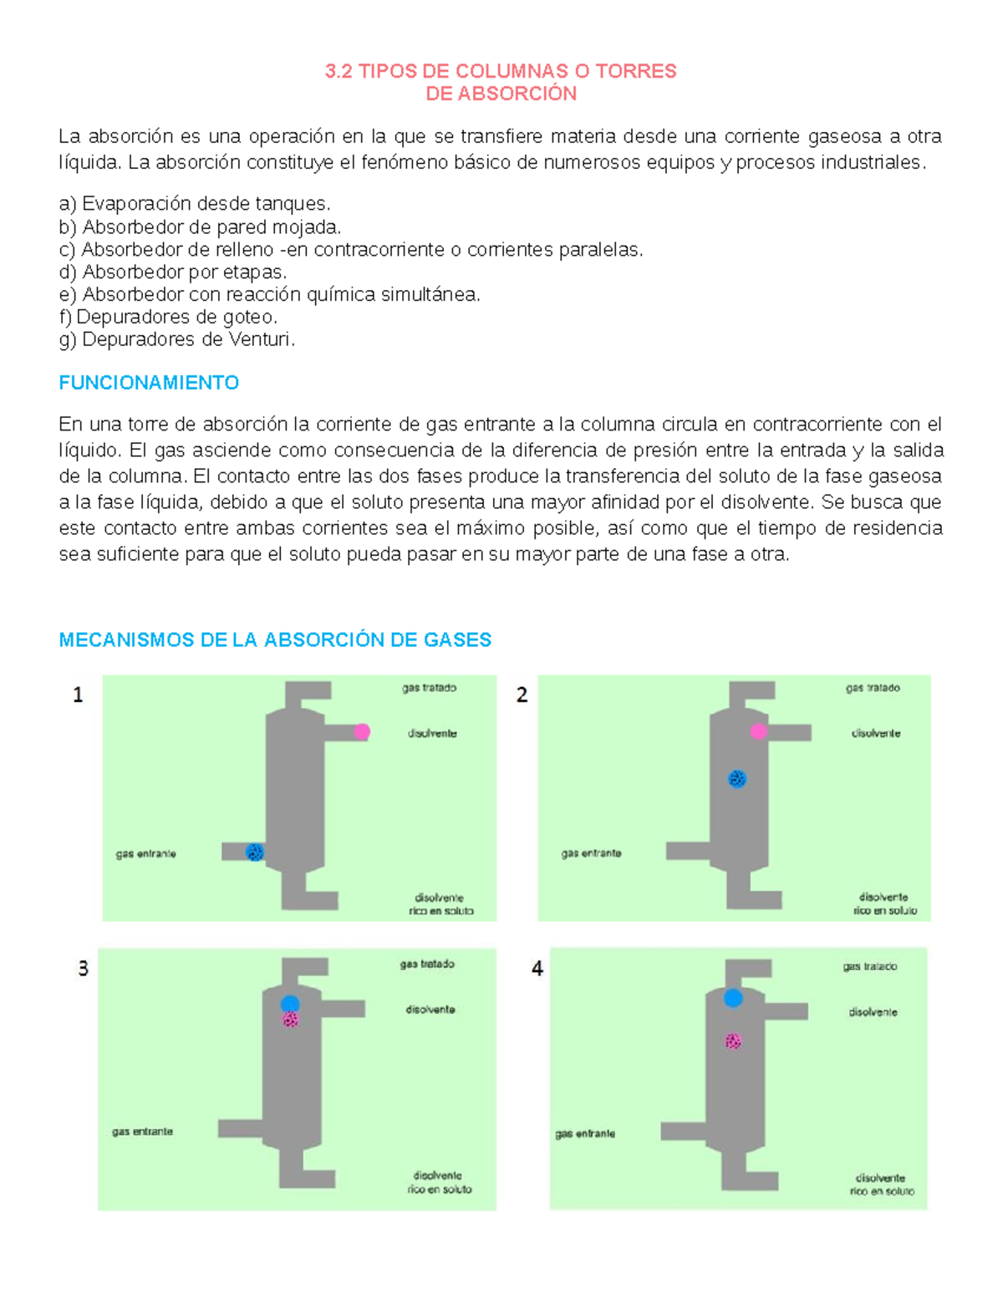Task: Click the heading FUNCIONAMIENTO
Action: click(149, 383)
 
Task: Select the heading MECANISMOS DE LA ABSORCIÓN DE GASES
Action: click(275, 640)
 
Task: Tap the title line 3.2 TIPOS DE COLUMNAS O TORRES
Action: click(501, 71)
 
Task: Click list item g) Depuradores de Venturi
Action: click(177, 339)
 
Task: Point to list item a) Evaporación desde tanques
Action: click(195, 204)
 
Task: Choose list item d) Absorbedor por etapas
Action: click(173, 272)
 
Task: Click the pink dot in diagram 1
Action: click(361, 732)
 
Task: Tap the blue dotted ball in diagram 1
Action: click(255, 852)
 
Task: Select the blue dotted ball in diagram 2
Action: click(736, 779)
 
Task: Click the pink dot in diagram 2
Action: click(758, 732)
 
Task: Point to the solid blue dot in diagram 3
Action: click(290, 1004)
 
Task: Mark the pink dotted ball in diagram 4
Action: click(733, 1041)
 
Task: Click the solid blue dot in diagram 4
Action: click(733, 998)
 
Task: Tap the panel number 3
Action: click(83, 969)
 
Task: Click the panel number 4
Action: click(537, 969)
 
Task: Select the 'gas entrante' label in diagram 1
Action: click(145, 854)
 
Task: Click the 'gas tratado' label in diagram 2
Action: click(873, 688)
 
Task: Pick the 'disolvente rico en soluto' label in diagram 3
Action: click(439, 1183)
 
